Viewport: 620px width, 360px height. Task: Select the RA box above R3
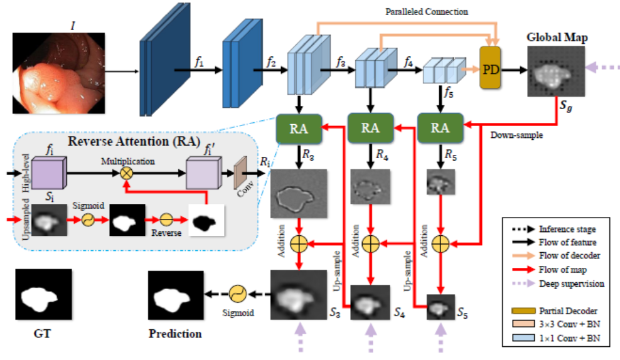(x=298, y=127)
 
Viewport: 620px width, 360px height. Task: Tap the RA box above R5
(x=440, y=127)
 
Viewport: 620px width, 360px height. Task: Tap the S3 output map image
(x=299, y=294)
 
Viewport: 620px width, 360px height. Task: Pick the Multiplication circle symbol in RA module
(x=127, y=173)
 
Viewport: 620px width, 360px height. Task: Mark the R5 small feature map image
(x=439, y=182)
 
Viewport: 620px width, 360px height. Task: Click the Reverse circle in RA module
(x=166, y=221)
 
